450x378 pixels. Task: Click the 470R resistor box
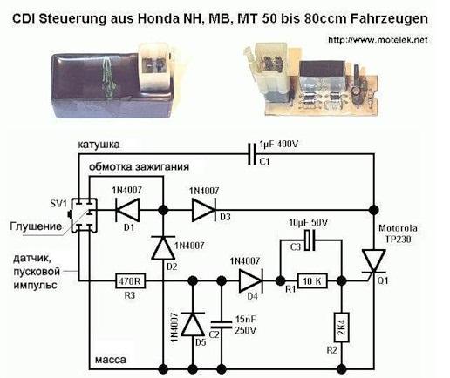tap(130, 281)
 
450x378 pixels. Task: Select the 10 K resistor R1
tap(312, 281)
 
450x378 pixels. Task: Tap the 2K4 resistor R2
tap(342, 327)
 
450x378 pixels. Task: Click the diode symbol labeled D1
tap(127, 210)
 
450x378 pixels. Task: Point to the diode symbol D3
tap(203, 210)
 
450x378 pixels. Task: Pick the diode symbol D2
tap(163, 247)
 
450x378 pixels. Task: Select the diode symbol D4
tap(250, 280)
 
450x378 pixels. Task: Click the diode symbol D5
tap(193, 324)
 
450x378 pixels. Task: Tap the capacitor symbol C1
tap(252, 154)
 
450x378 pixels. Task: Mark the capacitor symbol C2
tap(222, 325)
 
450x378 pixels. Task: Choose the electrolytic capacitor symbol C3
tap(310, 240)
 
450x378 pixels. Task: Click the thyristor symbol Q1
tap(373, 263)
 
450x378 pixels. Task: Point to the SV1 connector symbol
tap(84, 215)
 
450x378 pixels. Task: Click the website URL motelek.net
tap(378, 39)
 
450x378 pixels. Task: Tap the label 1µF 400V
tap(279, 144)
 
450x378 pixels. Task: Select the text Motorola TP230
tap(398, 233)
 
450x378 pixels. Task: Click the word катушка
tap(99, 145)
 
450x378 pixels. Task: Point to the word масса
tap(111, 360)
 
